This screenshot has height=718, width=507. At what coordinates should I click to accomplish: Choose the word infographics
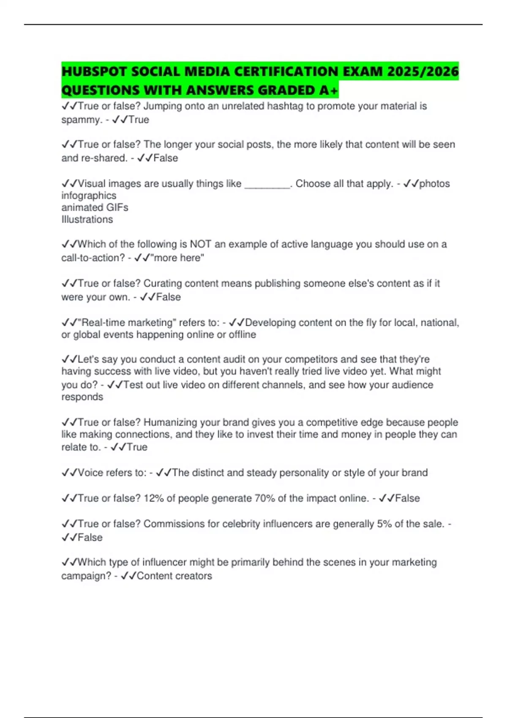(x=89, y=196)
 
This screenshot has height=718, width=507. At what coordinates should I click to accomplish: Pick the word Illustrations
(x=87, y=220)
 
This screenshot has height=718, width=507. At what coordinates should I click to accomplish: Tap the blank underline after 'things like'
(x=267, y=185)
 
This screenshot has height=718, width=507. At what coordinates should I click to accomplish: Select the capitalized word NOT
(x=201, y=244)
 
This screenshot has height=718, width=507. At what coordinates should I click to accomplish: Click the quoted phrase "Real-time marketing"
(x=127, y=323)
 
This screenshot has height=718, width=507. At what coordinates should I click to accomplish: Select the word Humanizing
(x=170, y=422)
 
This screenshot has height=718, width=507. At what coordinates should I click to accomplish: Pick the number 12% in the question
(x=153, y=498)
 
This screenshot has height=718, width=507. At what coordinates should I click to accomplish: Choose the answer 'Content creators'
(x=174, y=576)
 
